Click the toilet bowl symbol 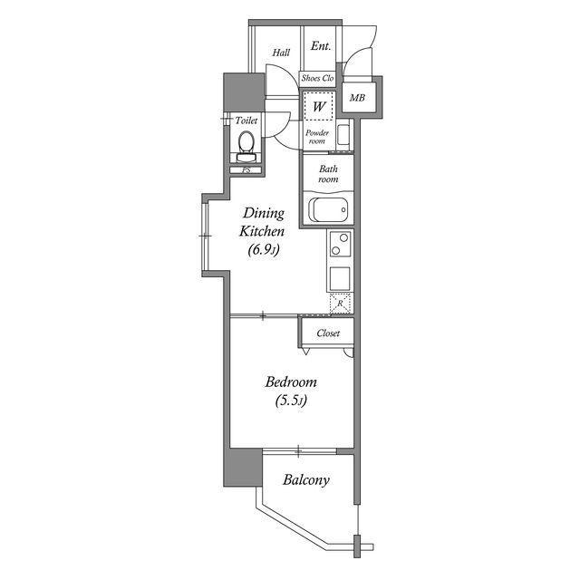click(x=246, y=147)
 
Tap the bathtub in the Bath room click(x=328, y=209)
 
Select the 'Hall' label click(x=281, y=53)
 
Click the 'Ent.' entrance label click(x=320, y=46)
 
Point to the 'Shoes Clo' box click(x=317, y=79)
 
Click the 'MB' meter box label click(x=357, y=98)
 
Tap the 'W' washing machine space click(x=318, y=106)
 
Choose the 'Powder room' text click(x=317, y=137)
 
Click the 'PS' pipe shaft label click(x=246, y=170)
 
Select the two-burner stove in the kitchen click(x=341, y=244)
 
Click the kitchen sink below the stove click(x=340, y=278)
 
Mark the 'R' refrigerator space click(x=340, y=304)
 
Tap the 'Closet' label click(x=328, y=333)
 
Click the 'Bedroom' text click(x=291, y=382)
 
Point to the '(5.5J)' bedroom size click(x=291, y=401)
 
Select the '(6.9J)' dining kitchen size click(x=264, y=250)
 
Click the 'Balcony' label click(x=306, y=479)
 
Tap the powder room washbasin click(x=343, y=135)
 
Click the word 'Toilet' click(x=246, y=121)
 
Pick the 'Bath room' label click(x=328, y=174)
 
